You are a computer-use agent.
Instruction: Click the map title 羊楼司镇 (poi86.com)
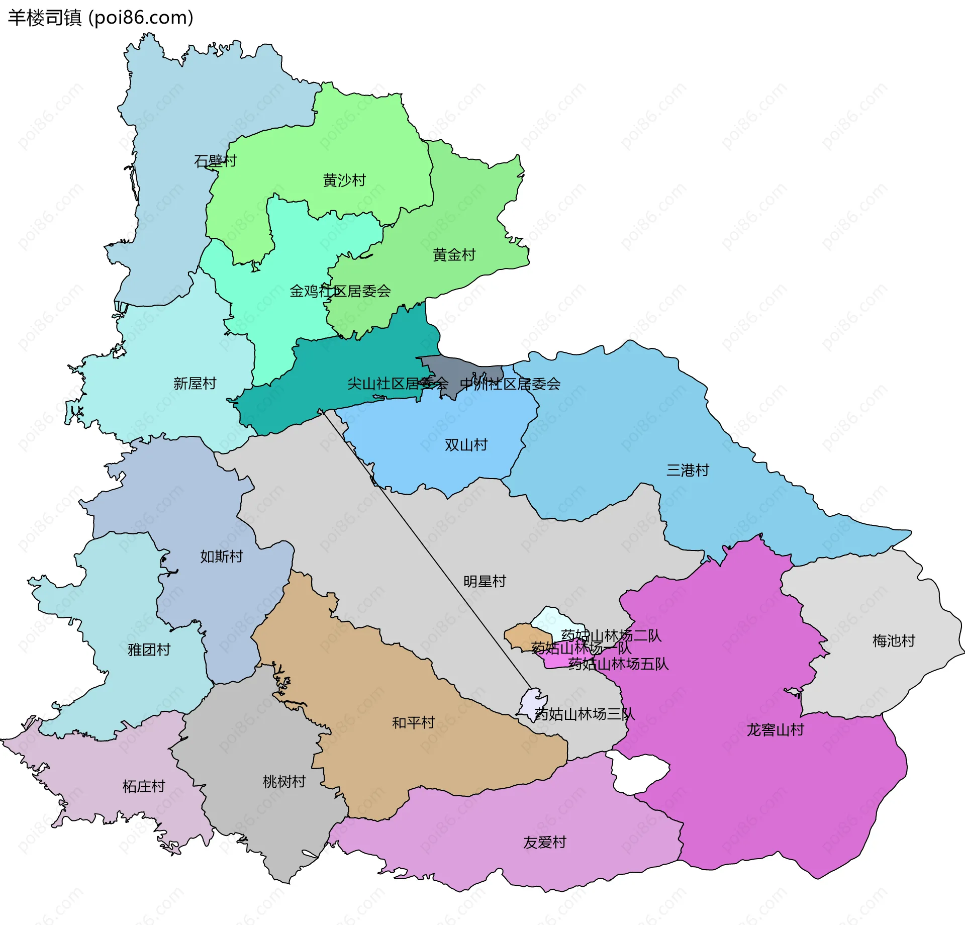(x=101, y=18)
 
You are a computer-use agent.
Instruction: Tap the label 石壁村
(x=215, y=161)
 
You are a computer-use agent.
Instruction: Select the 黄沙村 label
(x=344, y=180)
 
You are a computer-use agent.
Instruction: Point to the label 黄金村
(x=454, y=255)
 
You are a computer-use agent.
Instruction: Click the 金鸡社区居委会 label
(x=340, y=291)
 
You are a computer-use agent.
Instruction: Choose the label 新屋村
(x=195, y=384)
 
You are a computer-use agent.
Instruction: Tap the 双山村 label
(x=466, y=445)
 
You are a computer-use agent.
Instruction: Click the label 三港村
(x=688, y=470)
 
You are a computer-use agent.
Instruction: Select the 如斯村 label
(x=221, y=556)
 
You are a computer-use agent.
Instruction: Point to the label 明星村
(x=485, y=581)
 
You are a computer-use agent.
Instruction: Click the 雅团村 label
(x=149, y=650)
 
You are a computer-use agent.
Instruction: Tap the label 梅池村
(x=894, y=640)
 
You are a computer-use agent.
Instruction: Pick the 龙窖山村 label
(x=775, y=729)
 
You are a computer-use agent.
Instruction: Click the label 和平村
(x=413, y=722)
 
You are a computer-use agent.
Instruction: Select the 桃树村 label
(x=284, y=781)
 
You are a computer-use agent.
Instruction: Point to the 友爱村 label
(x=545, y=842)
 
